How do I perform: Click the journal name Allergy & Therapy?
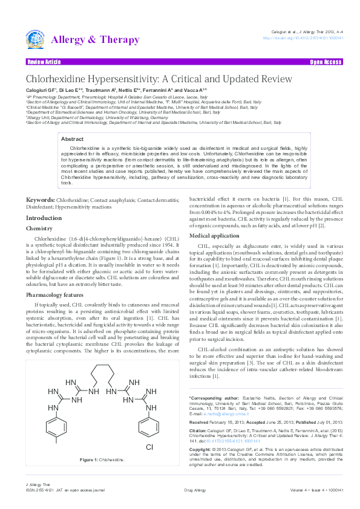96,41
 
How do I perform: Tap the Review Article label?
44,62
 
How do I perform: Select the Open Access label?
326,62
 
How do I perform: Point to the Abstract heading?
73,138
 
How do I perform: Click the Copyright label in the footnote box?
203,450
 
